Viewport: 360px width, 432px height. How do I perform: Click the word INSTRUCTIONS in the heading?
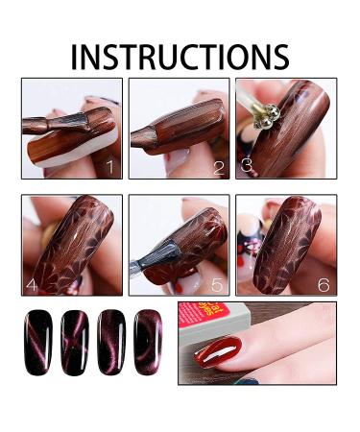click(x=180, y=56)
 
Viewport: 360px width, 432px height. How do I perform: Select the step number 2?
click(x=219, y=168)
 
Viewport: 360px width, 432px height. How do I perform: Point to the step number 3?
click(x=247, y=164)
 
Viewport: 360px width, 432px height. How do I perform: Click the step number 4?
click(x=32, y=284)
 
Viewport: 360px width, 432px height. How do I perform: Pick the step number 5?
click(x=218, y=284)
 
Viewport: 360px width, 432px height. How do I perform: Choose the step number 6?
click(x=324, y=284)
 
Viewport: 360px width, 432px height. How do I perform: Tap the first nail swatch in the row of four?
click(x=39, y=343)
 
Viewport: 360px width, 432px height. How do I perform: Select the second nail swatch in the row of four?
click(x=75, y=343)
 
